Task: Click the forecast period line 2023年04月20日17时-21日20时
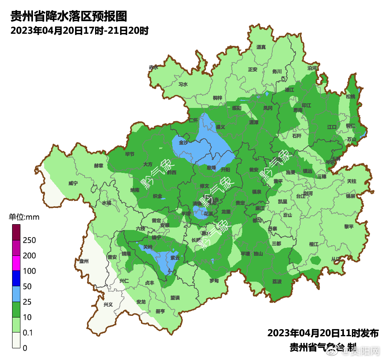[x=79, y=30]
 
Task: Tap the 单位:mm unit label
[x=24, y=217]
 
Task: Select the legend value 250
[x=29, y=240]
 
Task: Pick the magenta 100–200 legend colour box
[x=16, y=263]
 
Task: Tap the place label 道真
[x=261, y=47]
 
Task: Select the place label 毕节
[x=130, y=154]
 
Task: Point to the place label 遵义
[x=220, y=127]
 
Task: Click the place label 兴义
[x=108, y=305]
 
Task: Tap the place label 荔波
[x=277, y=282]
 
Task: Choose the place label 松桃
[x=351, y=97]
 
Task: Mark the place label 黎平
[x=348, y=227]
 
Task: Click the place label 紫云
[x=175, y=258]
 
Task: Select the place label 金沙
[x=183, y=142]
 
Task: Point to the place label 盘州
[x=84, y=261]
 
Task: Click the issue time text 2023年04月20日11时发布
[x=323, y=333]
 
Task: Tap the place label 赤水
[x=153, y=67]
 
